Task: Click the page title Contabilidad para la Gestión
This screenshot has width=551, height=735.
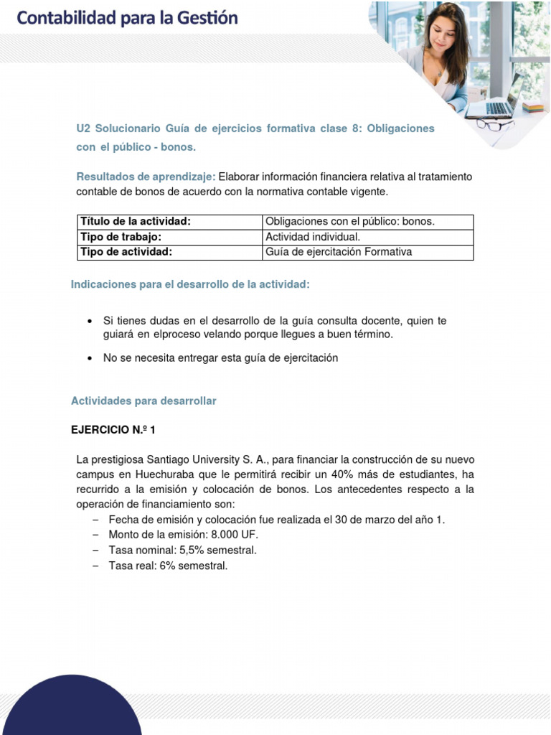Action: (127, 18)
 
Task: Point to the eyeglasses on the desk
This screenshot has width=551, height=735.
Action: (495, 125)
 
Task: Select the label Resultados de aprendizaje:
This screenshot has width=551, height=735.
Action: (146, 177)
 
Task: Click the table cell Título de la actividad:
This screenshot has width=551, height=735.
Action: (136, 222)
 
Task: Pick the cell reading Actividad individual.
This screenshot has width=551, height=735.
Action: (313, 237)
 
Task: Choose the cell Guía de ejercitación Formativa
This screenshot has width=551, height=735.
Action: (339, 252)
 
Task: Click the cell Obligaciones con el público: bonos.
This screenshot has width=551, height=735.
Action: (350, 222)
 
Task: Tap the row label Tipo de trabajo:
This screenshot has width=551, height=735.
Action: (121, 237)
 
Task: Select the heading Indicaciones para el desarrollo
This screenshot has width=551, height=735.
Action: (190, 285)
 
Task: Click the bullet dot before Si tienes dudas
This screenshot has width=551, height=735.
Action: (88, 322)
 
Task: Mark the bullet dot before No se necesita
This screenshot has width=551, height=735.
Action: (88, 358)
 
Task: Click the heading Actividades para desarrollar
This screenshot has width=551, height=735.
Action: (143, 401)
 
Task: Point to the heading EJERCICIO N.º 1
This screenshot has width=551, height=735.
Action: (113, 430)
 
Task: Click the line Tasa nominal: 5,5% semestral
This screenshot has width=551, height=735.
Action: (182, 551)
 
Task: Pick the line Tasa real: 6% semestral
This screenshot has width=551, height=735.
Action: (168, 566)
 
